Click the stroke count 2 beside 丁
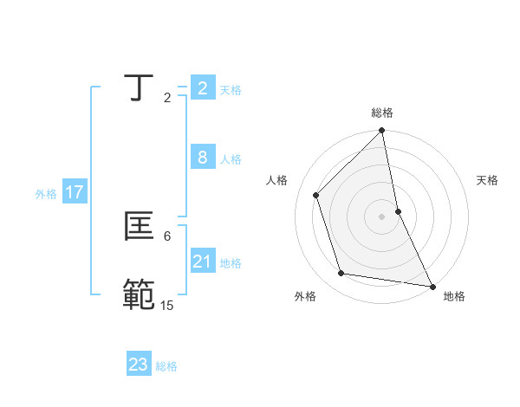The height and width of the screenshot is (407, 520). tap(167, 98)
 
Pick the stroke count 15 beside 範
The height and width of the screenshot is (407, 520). tap(166, 305)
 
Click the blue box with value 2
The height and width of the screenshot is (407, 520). tap(203, 88)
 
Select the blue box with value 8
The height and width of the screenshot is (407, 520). tap(203, 158)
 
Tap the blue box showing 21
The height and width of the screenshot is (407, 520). tap(203, 262)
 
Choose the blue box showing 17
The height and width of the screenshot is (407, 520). tap(75, 192)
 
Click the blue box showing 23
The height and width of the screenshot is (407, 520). tap(139, 365)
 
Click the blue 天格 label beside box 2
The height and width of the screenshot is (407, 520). tap(231, 90)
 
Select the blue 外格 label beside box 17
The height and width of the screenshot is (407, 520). tap(46, 194)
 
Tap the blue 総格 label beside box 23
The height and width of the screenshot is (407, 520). tap(166, 366)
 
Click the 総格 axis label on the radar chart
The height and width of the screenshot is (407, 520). tap(382, 113)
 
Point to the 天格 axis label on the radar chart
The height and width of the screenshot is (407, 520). tap(488, 180)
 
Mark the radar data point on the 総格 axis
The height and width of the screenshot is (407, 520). tap(382, 132)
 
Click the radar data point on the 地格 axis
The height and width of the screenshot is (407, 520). tap(432, 286)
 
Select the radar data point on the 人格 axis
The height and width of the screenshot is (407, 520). tap(316, 195)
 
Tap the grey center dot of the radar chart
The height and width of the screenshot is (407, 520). tap(382, 216)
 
